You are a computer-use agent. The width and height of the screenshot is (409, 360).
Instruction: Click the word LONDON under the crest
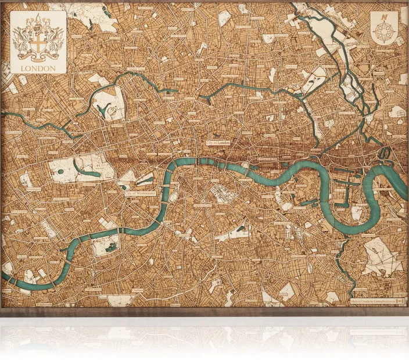(x=38, y=69)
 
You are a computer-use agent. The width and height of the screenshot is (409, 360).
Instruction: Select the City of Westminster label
(x=139, y=194)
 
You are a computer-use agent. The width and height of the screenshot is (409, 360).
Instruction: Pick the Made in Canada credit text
(x=372, y=300)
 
